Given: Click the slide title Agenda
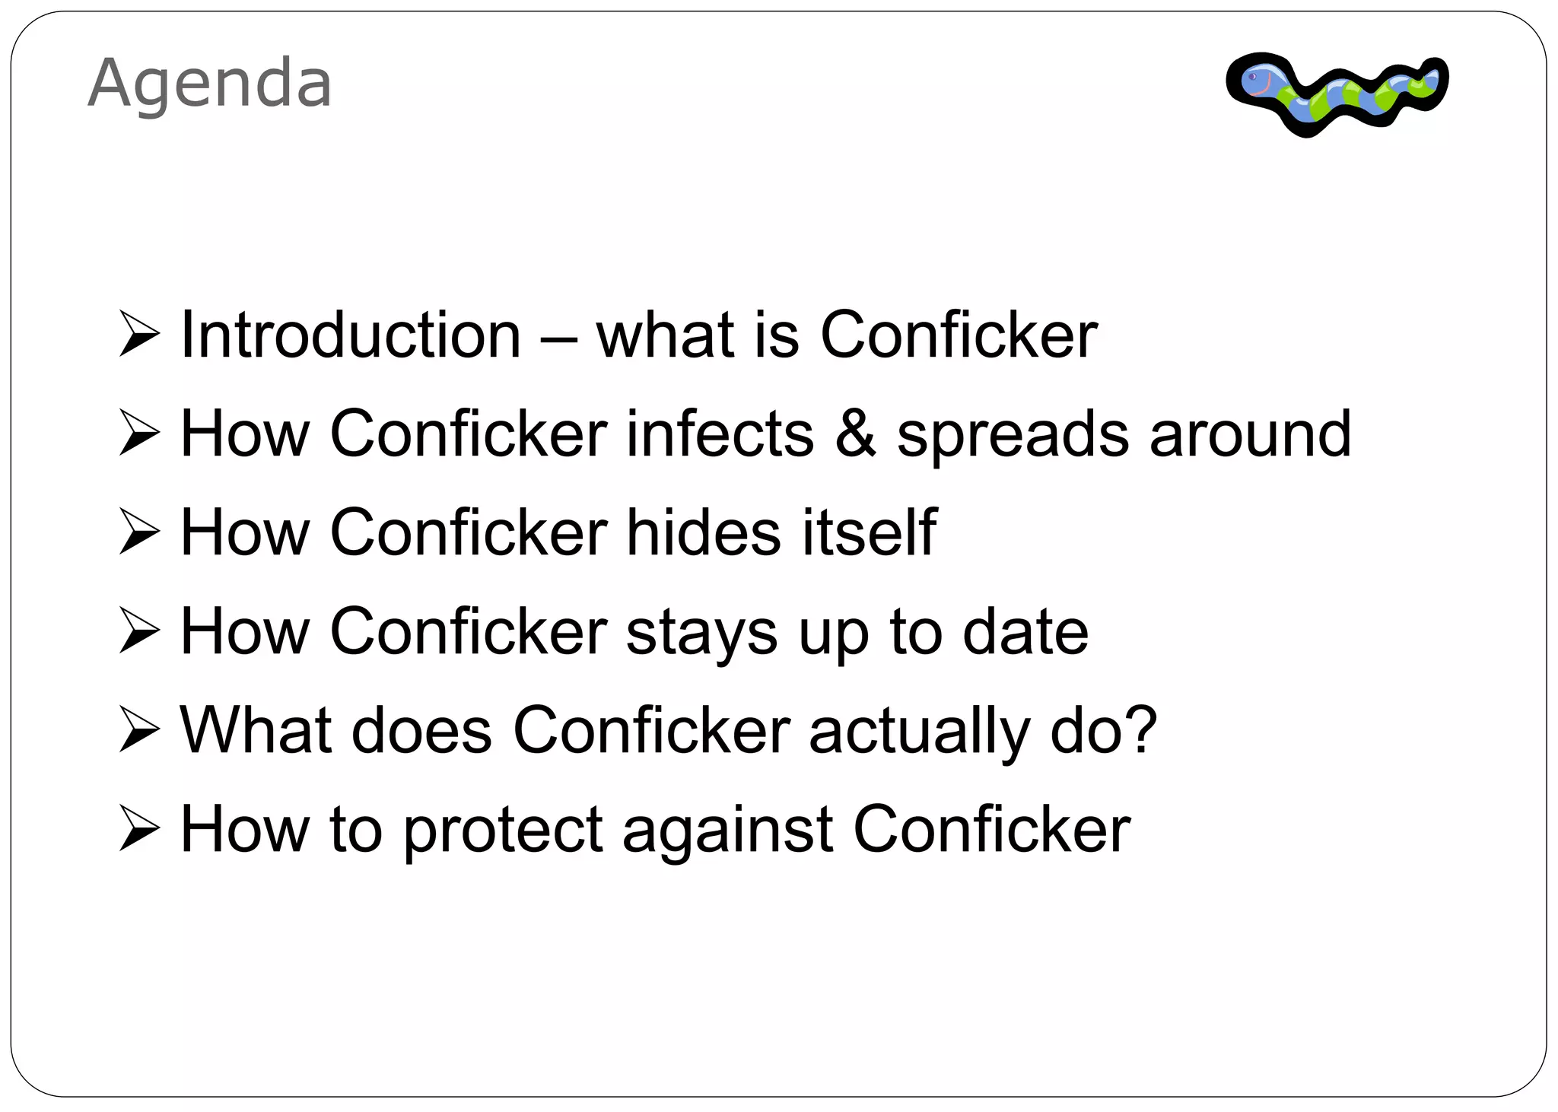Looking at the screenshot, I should [x=210, y=84].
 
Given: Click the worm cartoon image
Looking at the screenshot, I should [x=1337, y=94].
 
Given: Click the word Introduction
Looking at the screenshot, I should [x=351, y=335].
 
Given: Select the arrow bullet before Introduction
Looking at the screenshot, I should [x=139, y=335].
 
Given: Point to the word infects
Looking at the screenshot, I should [x=720, y=434].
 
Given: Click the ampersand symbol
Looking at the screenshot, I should [x=855, y=434].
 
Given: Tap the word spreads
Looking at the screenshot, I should [x=1013, y=435].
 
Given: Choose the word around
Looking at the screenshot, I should [x=1250, y=434].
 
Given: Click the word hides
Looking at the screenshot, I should [x=704, y=532].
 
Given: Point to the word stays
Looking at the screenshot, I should [x=701, y=633].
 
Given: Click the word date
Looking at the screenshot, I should [x=1025, y=631].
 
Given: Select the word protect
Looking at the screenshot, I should [x=503, y=831].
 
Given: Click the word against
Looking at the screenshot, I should [x=728, y=829].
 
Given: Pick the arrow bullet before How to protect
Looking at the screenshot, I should [x=139, y=830].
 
